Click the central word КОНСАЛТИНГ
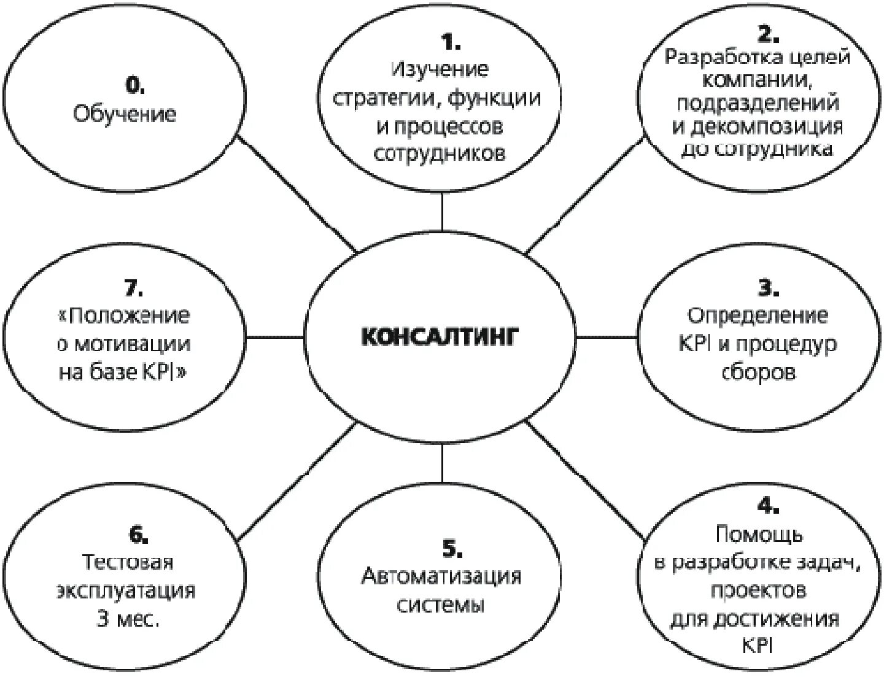[440, 337]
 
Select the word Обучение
[125, 114]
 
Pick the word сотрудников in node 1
[440, 153]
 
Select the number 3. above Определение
[767, 287]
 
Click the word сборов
[759, 372]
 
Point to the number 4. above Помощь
[767, 506]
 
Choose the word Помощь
[759, 534]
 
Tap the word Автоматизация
[441, 576]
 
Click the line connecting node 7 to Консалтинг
[276, 336]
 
